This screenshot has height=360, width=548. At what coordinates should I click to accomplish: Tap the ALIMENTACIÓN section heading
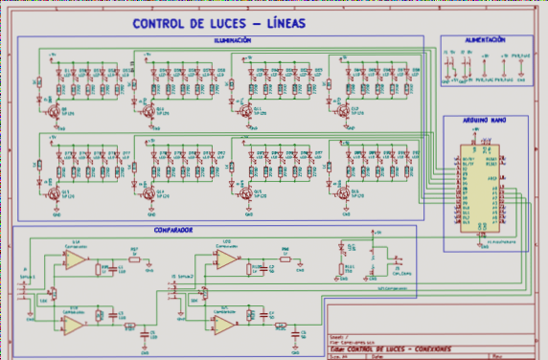[x=484, y=40]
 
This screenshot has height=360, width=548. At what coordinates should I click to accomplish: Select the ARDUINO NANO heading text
[x=485, y=123]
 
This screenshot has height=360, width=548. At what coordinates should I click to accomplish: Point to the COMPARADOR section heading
[x=173, y=231]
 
